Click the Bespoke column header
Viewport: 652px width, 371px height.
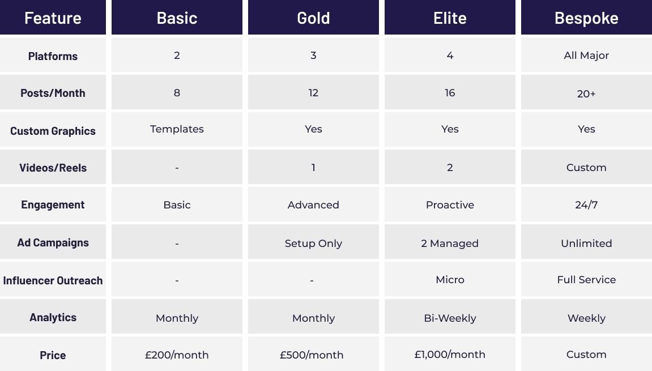pyautogui.click(x=586, y=18)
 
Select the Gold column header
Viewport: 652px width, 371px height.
pyautogui.click(x=313, y=18)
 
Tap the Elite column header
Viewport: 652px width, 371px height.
pyautogui.click(x=450, y=18)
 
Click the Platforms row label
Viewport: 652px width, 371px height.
pyautogui.click(x=53, y=56)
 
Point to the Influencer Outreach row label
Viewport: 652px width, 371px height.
pyautogui.click(x=53, y=281)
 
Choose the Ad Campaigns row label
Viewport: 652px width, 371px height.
pyautogui.click(x=53, y=243)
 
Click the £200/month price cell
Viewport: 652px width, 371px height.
pyautogui.click(x=177, y=355)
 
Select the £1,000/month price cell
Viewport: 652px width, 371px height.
pyautogui.click(x=450, y=355)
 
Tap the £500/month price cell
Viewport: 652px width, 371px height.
pyautogui.click(x=312, y=355)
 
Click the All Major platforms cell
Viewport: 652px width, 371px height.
pyautogui.click(x=586, y=56)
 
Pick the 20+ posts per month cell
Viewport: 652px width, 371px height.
pyautogui.click(x=586, y=93)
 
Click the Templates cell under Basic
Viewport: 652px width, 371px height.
pyautogui.click(x=177, y=129)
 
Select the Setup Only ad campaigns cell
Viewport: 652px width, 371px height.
pyautogui.click(x=313, y=244)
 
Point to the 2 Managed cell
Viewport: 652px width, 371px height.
pyautogui.click(x=450, y=244)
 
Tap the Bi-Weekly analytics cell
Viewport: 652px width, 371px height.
pyautogui.click(x=450, y=318)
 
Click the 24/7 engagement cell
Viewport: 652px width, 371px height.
pyautogui.click(x=586, y=204)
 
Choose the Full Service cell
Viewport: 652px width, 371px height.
pyautogui.click(x=586, y=279)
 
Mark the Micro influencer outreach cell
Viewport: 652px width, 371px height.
pyautogui.click(x=450, y=279)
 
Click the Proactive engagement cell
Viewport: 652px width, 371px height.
pyautogui.click(x=450, y=204)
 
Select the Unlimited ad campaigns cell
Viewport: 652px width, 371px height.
pyautogui.click(x=586, y=244)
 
